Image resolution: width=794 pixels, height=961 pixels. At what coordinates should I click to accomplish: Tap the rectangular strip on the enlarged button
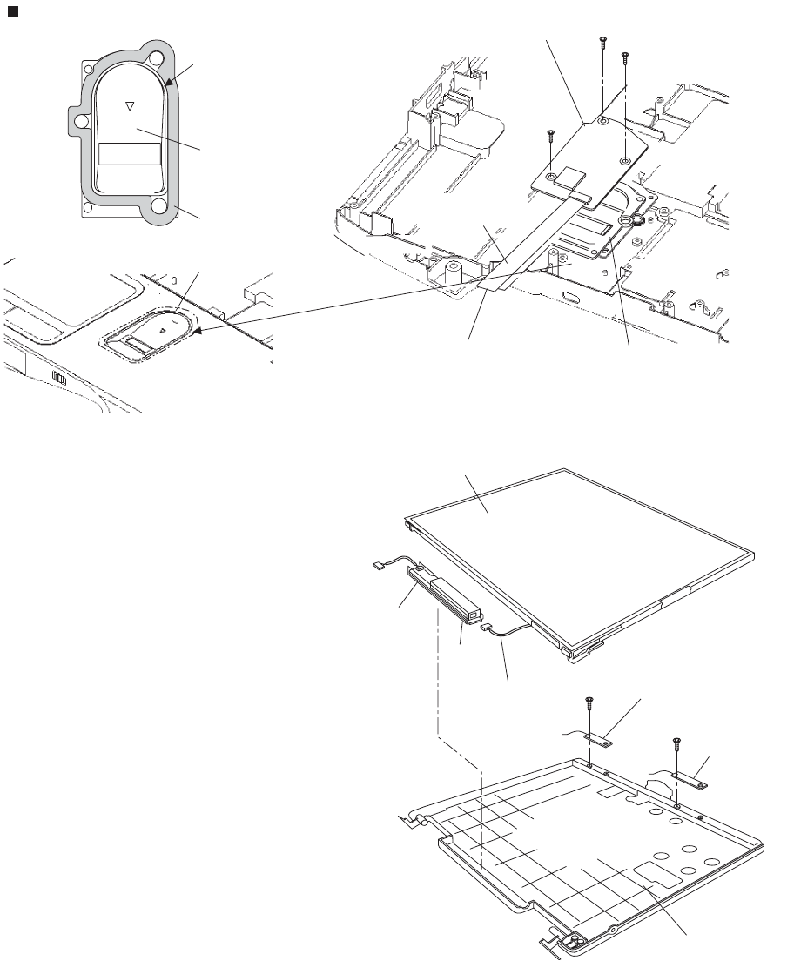pos(129,154)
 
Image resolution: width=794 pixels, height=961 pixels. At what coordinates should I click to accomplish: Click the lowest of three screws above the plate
pos(550,136)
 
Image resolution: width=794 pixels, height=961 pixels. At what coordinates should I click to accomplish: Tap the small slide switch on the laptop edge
pos(58,379)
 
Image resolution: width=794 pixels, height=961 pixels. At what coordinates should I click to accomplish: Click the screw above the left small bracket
pos(589,702)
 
